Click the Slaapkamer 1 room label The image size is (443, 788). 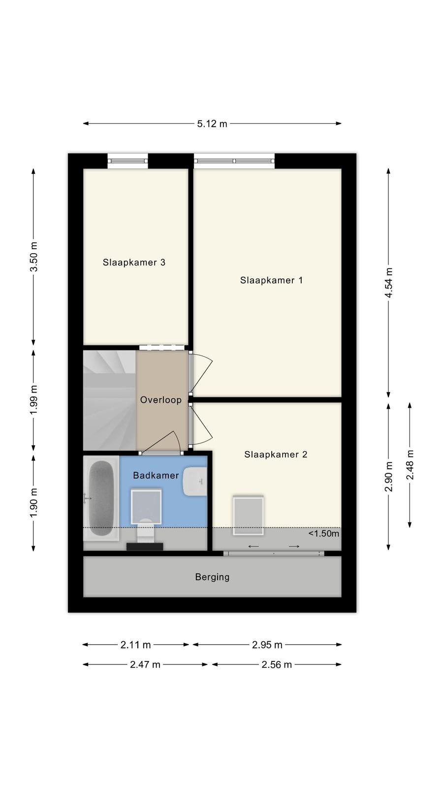coord(271,280)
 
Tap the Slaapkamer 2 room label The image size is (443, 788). coord(276,455)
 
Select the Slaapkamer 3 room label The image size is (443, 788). coord(134,263)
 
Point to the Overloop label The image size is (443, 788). coord(160,400)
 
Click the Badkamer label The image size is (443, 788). coord(156,476)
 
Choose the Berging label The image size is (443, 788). coord(212,577)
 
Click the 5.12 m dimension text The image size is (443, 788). coord(212,124)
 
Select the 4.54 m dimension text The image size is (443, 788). coord(388,283)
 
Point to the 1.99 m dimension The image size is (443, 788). coord(34,400)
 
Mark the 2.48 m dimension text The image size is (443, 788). coord(410,465)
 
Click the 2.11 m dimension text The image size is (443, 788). coord(135,645)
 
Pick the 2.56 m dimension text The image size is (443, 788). coord(277,664)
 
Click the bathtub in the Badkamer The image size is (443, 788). coord(101,498)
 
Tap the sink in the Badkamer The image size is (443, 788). coord(195,481)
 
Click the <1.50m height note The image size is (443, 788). coord(324,534)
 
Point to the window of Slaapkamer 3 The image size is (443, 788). coord(127,161)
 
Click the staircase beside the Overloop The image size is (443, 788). coord(109,400)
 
